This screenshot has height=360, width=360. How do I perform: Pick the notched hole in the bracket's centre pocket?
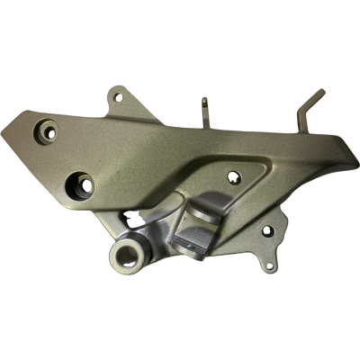tap(235, 178)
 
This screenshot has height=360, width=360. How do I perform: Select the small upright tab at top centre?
tap(206, 110)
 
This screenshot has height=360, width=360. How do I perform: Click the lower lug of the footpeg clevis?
tap(193, 238)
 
